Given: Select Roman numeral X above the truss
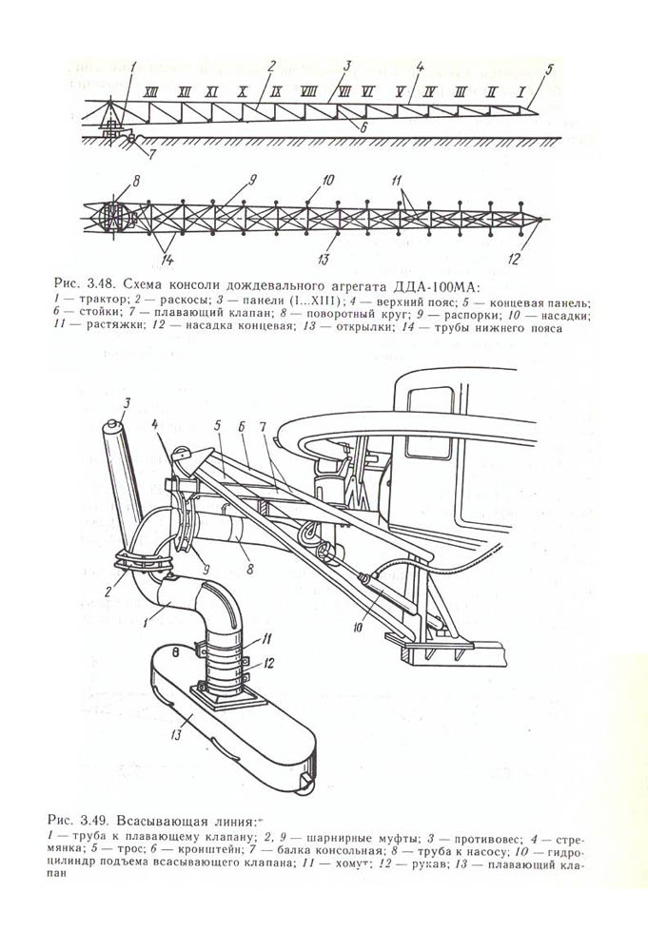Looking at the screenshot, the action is click(x=243, y=93).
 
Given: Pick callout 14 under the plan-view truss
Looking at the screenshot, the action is click(x=167, y=260).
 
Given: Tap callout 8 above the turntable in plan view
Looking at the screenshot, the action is click(x=136, y=180).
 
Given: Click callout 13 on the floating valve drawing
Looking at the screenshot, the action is click(x=177, y=736).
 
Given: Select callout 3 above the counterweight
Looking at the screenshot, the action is click(x=127, y=401).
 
